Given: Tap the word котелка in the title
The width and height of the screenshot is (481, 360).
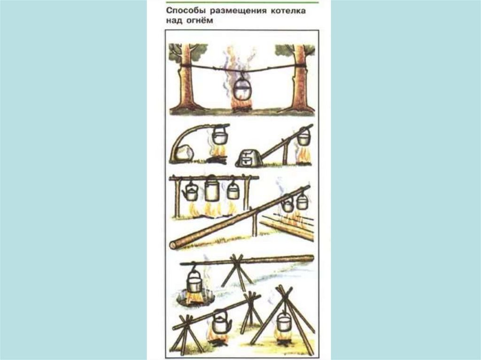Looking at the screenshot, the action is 288,11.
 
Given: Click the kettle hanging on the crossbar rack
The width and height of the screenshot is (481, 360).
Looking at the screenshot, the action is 190,192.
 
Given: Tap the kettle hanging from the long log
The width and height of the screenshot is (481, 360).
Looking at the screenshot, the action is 288,204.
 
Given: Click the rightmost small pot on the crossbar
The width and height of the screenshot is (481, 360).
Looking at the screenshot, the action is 233,190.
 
